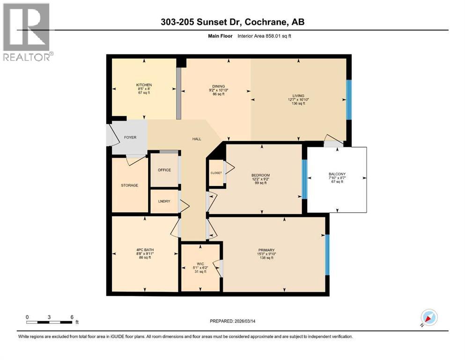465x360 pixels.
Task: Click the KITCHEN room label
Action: [x=144, y=85]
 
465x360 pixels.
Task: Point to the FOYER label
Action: [x=130, y=138]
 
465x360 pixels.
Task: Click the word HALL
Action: [x=197, y=139]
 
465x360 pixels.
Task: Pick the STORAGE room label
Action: [x=129, y=185]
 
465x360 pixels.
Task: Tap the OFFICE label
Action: [x=164, y=170]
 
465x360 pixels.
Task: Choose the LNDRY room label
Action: [x=163, y=201]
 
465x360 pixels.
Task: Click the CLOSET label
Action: [x=216, y=173]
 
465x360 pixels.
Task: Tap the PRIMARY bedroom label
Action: [x=266, y=250]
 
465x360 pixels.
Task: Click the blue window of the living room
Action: [x=348, y=100]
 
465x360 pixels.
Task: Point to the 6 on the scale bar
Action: [x=72, y=317]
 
